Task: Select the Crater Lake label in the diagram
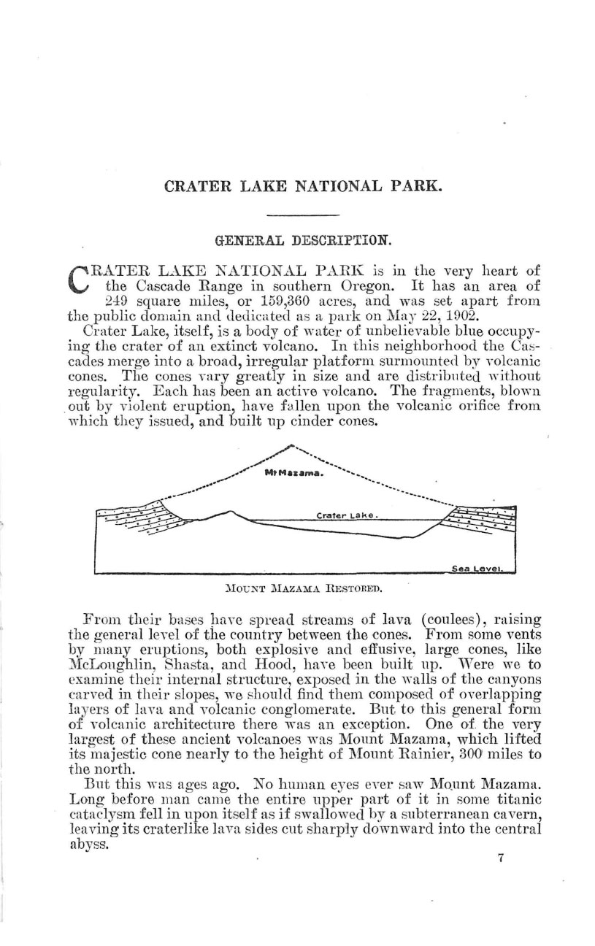[347, 515]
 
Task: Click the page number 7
[501, 858]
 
